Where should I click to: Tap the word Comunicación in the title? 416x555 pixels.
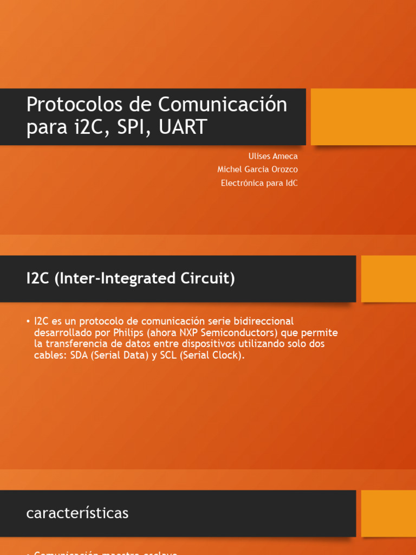(x=223, y=104)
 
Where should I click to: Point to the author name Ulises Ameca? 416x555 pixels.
(x=273, y=156)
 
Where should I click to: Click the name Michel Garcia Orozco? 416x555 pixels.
(x=257, y=170)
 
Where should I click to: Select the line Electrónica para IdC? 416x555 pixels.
(x=259, y=183)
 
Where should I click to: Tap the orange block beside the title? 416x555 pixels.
(x=363, y=117)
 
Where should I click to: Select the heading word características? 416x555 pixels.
(x=77, y=513)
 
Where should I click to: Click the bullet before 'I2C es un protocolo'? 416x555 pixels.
(x=28, y=321)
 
